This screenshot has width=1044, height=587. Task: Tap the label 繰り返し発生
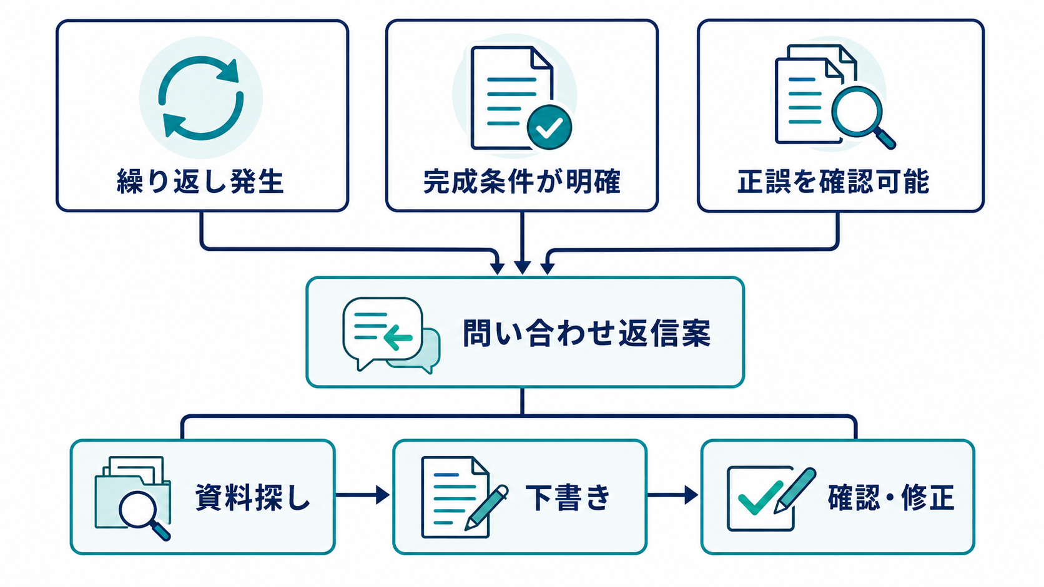(200, 181)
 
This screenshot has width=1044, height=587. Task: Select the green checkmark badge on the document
(549, 127)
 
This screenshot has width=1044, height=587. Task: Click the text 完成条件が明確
(522, 181)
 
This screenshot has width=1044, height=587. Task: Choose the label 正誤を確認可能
(834, 181)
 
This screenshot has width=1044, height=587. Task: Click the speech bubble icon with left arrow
(391, 335)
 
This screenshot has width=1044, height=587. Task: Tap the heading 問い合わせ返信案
(586, 333)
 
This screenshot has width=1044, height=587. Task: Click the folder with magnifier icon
(133, 498)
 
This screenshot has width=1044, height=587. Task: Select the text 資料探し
(253, 497)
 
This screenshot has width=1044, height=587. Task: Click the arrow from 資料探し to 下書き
(363, 495)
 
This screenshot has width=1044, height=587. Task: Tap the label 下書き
(568, 497)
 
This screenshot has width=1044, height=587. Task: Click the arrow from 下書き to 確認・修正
(672, 495)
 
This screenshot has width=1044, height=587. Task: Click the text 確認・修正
(891, 497)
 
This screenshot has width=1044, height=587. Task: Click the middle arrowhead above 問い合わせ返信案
(522, 268)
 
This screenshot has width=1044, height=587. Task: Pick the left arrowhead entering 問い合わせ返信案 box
(497, 268)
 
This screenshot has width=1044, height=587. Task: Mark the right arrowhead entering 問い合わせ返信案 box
(547, 268)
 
